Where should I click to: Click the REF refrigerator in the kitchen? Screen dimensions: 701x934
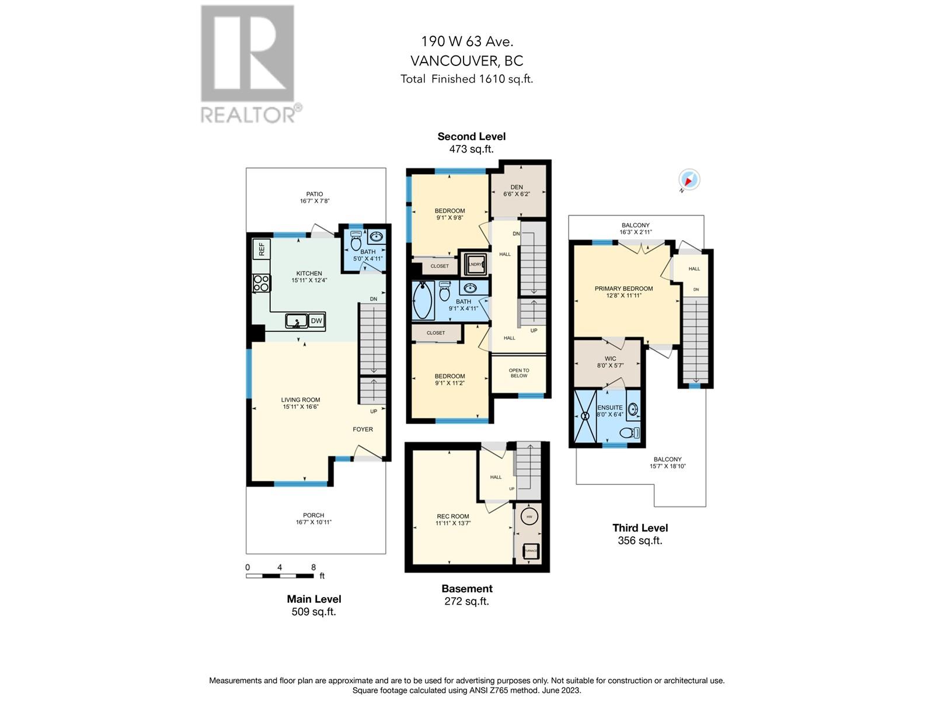tap(261, 249)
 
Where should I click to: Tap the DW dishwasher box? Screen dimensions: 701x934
tap(316, 321)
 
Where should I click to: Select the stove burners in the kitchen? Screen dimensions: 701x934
tap(261, 283)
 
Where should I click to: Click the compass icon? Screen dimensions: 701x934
tap(689, 180)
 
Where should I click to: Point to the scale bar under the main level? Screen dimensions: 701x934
tap(280, 575)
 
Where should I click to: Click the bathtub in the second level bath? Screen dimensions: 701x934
tap(422, 300)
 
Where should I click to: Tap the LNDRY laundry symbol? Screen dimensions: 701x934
tap(475, 264)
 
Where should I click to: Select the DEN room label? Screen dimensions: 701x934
tap(516, 188)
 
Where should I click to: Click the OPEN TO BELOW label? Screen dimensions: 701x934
tap(518, 373)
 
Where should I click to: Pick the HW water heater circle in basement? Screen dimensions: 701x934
tap(529, 517)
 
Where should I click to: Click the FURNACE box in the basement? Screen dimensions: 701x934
tap(530, 550)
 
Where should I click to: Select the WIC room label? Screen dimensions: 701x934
tap(610, 359)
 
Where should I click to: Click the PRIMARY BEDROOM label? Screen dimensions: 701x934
tap(623, 289)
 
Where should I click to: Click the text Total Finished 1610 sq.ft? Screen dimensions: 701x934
tap(466, 79)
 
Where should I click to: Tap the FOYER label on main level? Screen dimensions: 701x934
tap(363, 429)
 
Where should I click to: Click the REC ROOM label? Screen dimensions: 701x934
tap(452, 516)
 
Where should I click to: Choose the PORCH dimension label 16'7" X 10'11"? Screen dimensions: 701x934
tap(313, 522)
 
